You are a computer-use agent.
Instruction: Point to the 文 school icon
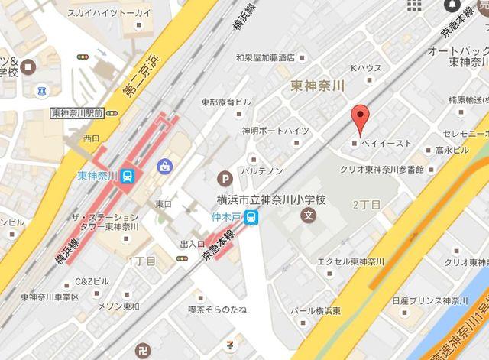308,216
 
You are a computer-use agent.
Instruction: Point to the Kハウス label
365,69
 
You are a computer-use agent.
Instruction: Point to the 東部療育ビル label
225,102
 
